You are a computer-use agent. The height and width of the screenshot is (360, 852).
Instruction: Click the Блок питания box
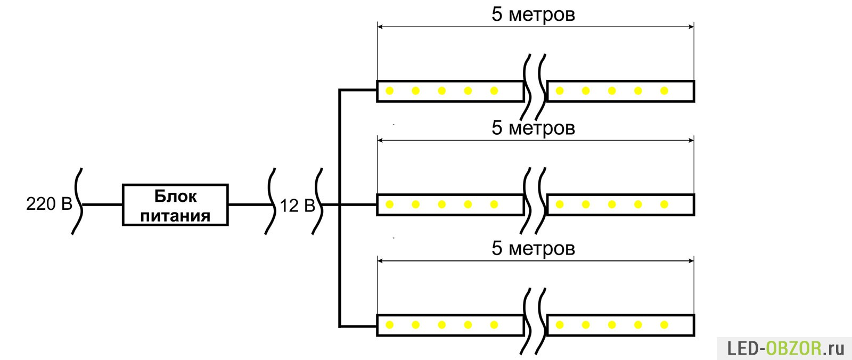pos(175,205)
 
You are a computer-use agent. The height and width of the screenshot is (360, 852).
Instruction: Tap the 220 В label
pos(49,204)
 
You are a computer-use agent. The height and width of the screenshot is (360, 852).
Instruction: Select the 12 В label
pos(297,206)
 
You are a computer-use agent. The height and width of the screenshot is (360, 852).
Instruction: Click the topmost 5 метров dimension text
pos(532,14)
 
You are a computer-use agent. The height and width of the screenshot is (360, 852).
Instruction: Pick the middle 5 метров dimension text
pos(532,128)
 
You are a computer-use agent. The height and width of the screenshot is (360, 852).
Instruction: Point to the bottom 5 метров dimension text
pos(532,249)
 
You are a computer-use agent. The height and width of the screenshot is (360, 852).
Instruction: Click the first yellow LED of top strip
pos(389,91)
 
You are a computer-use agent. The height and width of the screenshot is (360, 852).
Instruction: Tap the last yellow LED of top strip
pos(663,91)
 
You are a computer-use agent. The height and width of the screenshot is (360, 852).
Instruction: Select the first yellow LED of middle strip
pos(389,204)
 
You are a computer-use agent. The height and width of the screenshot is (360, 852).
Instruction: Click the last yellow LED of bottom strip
pos(663,325)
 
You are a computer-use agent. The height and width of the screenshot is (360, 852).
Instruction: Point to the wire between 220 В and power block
pos(102,204)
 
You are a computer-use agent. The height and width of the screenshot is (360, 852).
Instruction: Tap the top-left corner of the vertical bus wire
pos(340,91)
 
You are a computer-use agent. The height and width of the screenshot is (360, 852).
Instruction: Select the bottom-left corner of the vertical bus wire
pos(340,325)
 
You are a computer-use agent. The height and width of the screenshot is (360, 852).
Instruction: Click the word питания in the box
pos(175,216)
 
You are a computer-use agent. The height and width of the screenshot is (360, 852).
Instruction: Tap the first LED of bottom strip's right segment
pos(559,325)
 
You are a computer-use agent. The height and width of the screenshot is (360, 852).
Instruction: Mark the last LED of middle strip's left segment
pos(494,204)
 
